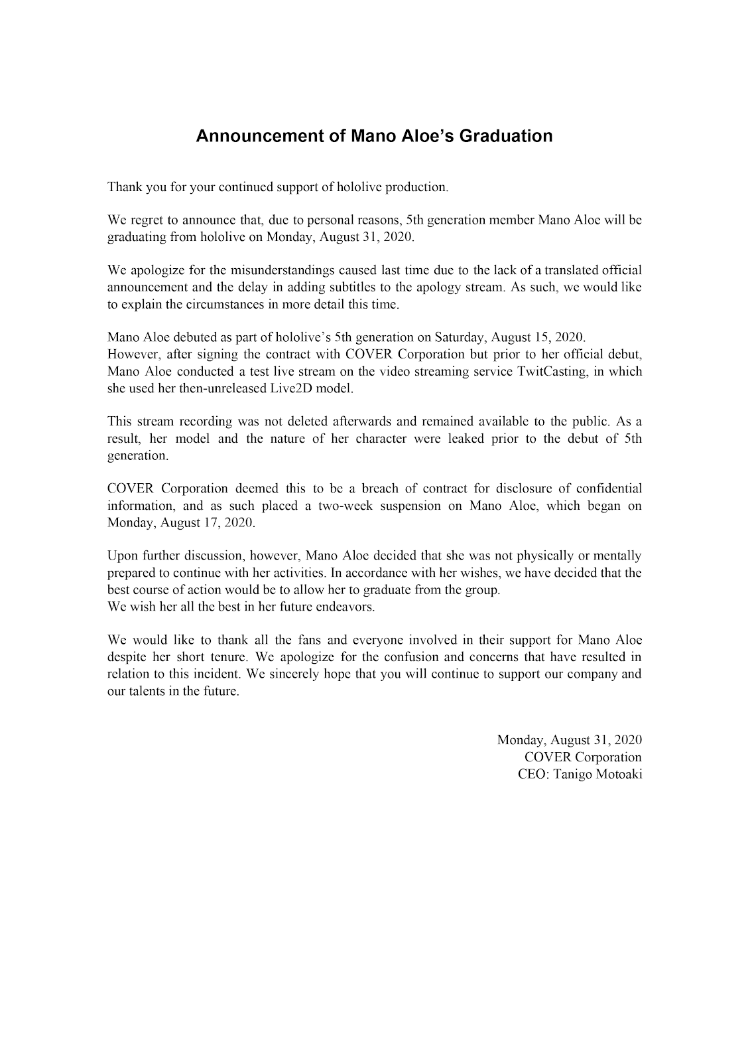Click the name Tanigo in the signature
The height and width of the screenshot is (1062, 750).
pos(569,775)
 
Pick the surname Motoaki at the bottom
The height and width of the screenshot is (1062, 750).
pos(617,775)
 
